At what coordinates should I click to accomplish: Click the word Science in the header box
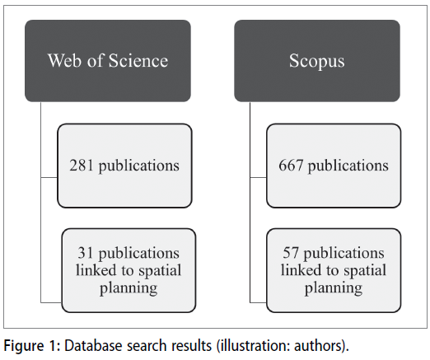point(138,60)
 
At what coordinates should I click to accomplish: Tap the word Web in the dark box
point(65,60)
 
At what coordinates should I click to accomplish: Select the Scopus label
point(316,61)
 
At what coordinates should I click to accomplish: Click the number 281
point(82,166)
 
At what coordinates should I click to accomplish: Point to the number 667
point(291,166)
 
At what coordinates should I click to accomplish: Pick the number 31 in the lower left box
point(86,253)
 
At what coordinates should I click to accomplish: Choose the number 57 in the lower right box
point(291,253)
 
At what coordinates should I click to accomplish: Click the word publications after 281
point(139,166)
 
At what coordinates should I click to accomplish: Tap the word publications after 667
point(348,166)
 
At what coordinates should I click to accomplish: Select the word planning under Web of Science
point(129,288)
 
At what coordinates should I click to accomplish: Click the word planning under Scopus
point(334,288)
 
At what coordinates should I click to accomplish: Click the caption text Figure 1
point(32,345)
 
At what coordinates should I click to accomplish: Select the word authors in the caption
point(319,345)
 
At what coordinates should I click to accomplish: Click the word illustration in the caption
point(253,345)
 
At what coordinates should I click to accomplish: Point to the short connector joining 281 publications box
point(49,178)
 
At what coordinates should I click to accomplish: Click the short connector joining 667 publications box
point(259,178)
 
